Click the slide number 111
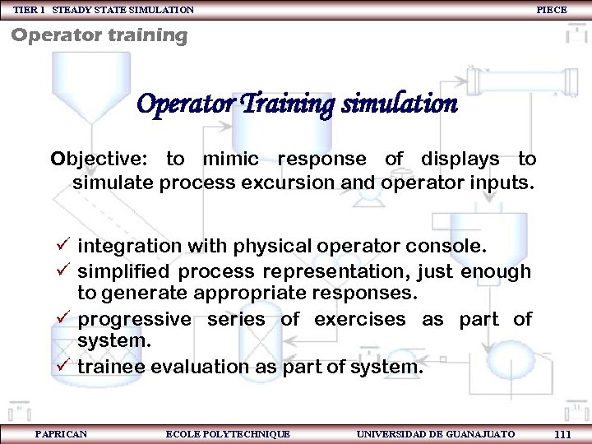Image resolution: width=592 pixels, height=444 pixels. (x=563, y=434)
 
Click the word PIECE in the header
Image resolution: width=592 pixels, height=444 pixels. (x=551, y=10)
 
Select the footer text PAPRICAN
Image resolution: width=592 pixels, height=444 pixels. (x=61, y=433)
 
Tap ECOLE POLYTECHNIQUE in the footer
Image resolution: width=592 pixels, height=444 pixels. (x=228, y=433)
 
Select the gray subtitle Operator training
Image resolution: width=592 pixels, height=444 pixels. (x=99, y=35)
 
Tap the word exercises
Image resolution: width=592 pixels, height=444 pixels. (x=361, y=319)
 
